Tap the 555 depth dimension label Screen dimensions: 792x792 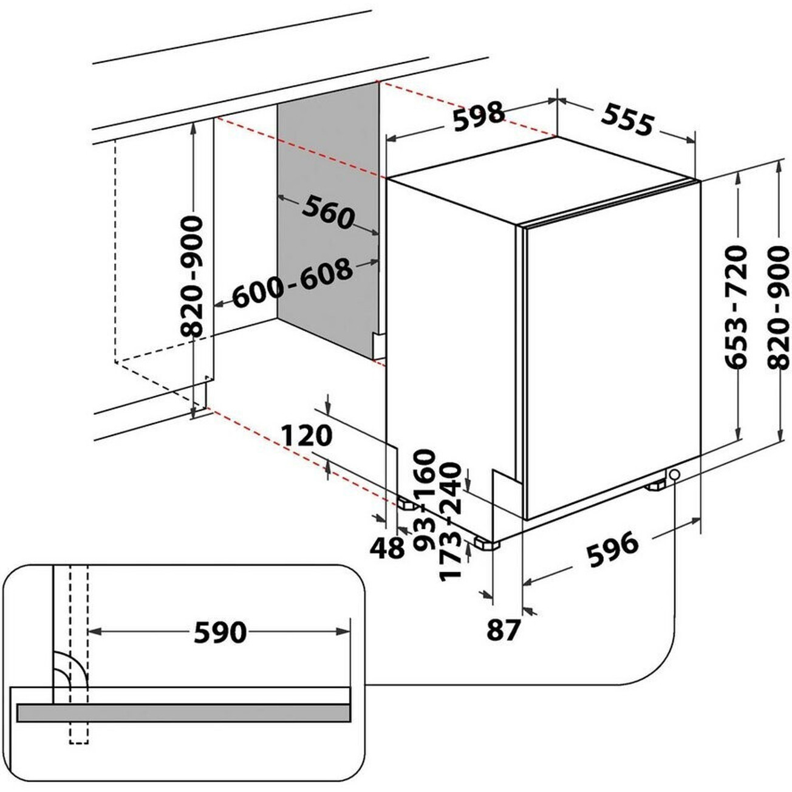pyautogui.click(x=627, y=121)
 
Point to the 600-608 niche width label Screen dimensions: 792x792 pyautogui.click(x=292, y=283)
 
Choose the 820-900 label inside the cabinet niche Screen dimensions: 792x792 pyautogui.click(x=193, y=276)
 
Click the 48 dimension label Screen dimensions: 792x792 pyautogui.click(x=387, y=549)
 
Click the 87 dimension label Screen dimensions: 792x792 pyautogui.click(x=504, y=630)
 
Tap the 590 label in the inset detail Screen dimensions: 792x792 pyautogui.click(x=220, y=632)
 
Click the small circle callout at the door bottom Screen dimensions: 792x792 pyautogui.click(x=674, y=474)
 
